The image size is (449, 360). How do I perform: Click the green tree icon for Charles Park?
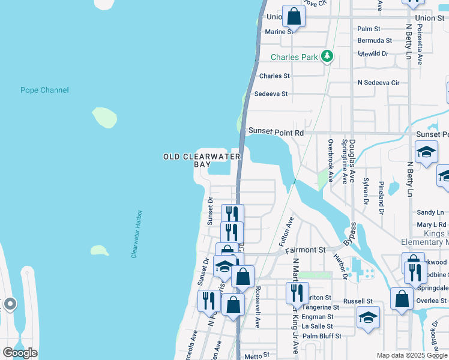coord(327,57)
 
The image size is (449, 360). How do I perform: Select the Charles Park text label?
coord(294,58)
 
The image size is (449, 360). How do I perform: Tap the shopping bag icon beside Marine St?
coord(294,17)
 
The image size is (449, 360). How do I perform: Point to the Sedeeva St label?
coord(271,94)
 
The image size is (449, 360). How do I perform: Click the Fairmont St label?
coord(308,250)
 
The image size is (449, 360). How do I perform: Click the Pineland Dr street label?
coord(381,196)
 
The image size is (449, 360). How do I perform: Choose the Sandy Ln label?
coord(430,213)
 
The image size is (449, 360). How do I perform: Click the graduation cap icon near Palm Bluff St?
coord(368,318)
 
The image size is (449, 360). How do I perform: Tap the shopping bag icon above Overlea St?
coord(402,299)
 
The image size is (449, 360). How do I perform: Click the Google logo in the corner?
coord(20,353)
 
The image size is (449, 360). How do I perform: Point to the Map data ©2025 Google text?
coord(412,355)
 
